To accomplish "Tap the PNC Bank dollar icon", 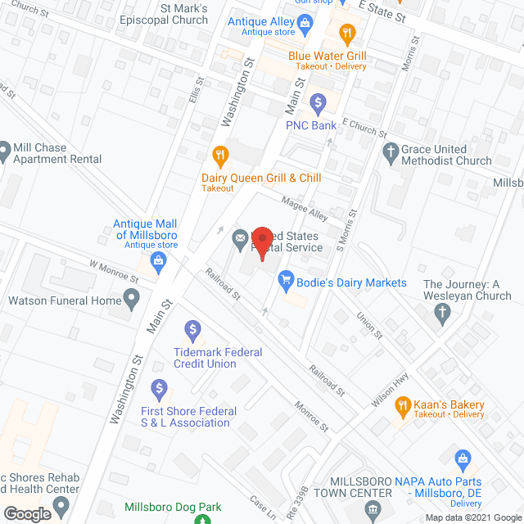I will (318, 103).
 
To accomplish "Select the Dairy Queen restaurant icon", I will (219, 155).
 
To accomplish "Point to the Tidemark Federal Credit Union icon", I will (193, 331).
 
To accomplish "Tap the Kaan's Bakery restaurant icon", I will (403, 405).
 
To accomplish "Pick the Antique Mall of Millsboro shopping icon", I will (160, 263).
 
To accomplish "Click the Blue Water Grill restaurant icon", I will (347, 34).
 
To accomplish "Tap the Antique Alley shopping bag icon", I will (305, 24).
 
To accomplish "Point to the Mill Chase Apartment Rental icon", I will (5, 150).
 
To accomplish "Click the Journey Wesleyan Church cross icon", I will (442, 312).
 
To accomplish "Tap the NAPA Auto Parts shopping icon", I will (462, 458).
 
